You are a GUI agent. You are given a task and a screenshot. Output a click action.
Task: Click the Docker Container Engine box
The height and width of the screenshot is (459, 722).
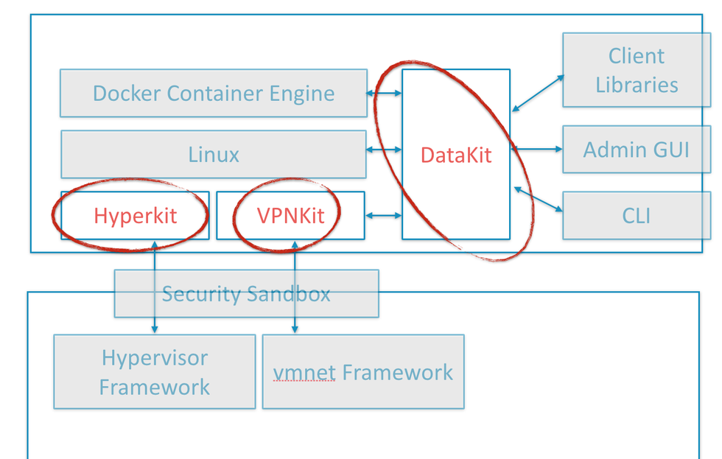[x=213, y=94]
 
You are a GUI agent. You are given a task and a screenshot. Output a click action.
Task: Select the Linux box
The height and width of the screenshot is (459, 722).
[x=213, y=155]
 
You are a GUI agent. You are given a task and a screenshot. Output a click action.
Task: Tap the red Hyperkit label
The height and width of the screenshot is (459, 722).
[x=135, y=216]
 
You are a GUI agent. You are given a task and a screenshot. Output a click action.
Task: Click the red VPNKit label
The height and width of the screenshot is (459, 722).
[x=290, y=216]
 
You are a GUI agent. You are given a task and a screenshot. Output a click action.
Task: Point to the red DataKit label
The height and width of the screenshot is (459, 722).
[x=455, y=155]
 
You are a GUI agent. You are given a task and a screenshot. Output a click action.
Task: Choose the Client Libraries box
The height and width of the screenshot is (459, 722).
[x=636, y=70]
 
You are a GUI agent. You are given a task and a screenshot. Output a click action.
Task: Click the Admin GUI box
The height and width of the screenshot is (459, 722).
[x=636, y=150]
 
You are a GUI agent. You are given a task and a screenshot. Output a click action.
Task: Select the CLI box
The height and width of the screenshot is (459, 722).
[x=636, y=216]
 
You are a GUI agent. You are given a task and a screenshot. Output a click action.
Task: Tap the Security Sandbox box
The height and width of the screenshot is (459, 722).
[x=246, y=294]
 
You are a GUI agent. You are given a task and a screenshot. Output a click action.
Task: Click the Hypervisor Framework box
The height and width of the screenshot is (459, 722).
[x=154, y=372]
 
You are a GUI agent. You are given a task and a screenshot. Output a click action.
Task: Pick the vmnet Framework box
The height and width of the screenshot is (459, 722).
[x=363, y=372]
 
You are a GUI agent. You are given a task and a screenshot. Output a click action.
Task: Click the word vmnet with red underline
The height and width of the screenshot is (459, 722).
[x=304, y=373]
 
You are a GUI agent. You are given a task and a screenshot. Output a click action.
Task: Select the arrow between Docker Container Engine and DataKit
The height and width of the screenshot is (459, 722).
[x=385, y=94]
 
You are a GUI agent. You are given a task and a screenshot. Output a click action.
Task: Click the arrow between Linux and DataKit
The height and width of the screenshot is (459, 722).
[x=384, y=150]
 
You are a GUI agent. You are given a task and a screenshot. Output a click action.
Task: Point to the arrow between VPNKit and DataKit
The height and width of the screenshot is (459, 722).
[x=384, y=216]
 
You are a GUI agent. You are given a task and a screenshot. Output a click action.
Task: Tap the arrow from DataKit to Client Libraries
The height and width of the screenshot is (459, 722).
[x=538, y=93]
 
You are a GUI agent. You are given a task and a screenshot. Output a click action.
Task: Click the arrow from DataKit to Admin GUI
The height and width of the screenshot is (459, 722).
[x=536, y=150]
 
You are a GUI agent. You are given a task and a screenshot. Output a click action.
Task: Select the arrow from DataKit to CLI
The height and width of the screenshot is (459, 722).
[x=538, y=200]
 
